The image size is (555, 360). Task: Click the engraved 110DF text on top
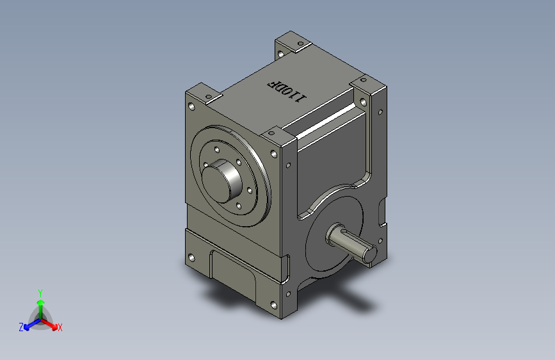tap(287, 91)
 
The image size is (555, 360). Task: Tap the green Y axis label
tap(40, 293)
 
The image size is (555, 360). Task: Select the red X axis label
tap(60, 327)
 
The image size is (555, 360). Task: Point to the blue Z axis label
tap(21, 327)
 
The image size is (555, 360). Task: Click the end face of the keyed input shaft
tap(370, 254)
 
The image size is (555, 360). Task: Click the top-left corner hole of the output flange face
tap(191, 106)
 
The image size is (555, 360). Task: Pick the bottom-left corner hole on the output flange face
tap(191, 258)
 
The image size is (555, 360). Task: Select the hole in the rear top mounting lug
tap(301, 44)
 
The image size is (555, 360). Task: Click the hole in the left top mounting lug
tap(209, 96)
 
